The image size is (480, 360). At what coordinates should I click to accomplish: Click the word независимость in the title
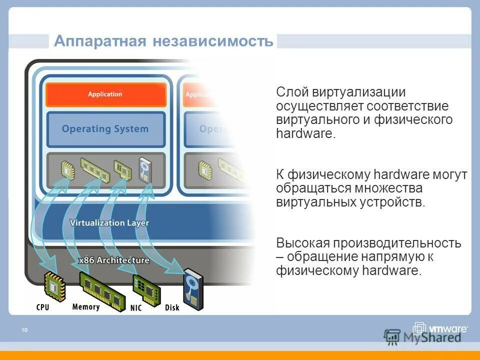[213, 41]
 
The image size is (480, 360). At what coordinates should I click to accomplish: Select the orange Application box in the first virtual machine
[105, 94]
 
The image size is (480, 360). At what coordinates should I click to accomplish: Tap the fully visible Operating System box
[105, 129]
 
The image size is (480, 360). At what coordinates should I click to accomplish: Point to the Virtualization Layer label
[109, 222]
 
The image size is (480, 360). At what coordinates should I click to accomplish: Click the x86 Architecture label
[114, 260]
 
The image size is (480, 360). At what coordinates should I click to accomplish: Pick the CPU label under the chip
[43, 306]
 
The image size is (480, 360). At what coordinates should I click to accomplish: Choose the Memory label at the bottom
[85, 306]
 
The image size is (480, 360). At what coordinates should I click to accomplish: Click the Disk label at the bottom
[172, 307]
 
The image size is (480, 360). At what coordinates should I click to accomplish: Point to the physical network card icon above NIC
[145, 289]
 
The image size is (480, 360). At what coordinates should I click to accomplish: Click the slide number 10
[24, 329]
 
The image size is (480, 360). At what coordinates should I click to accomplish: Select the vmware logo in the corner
[440, 329]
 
